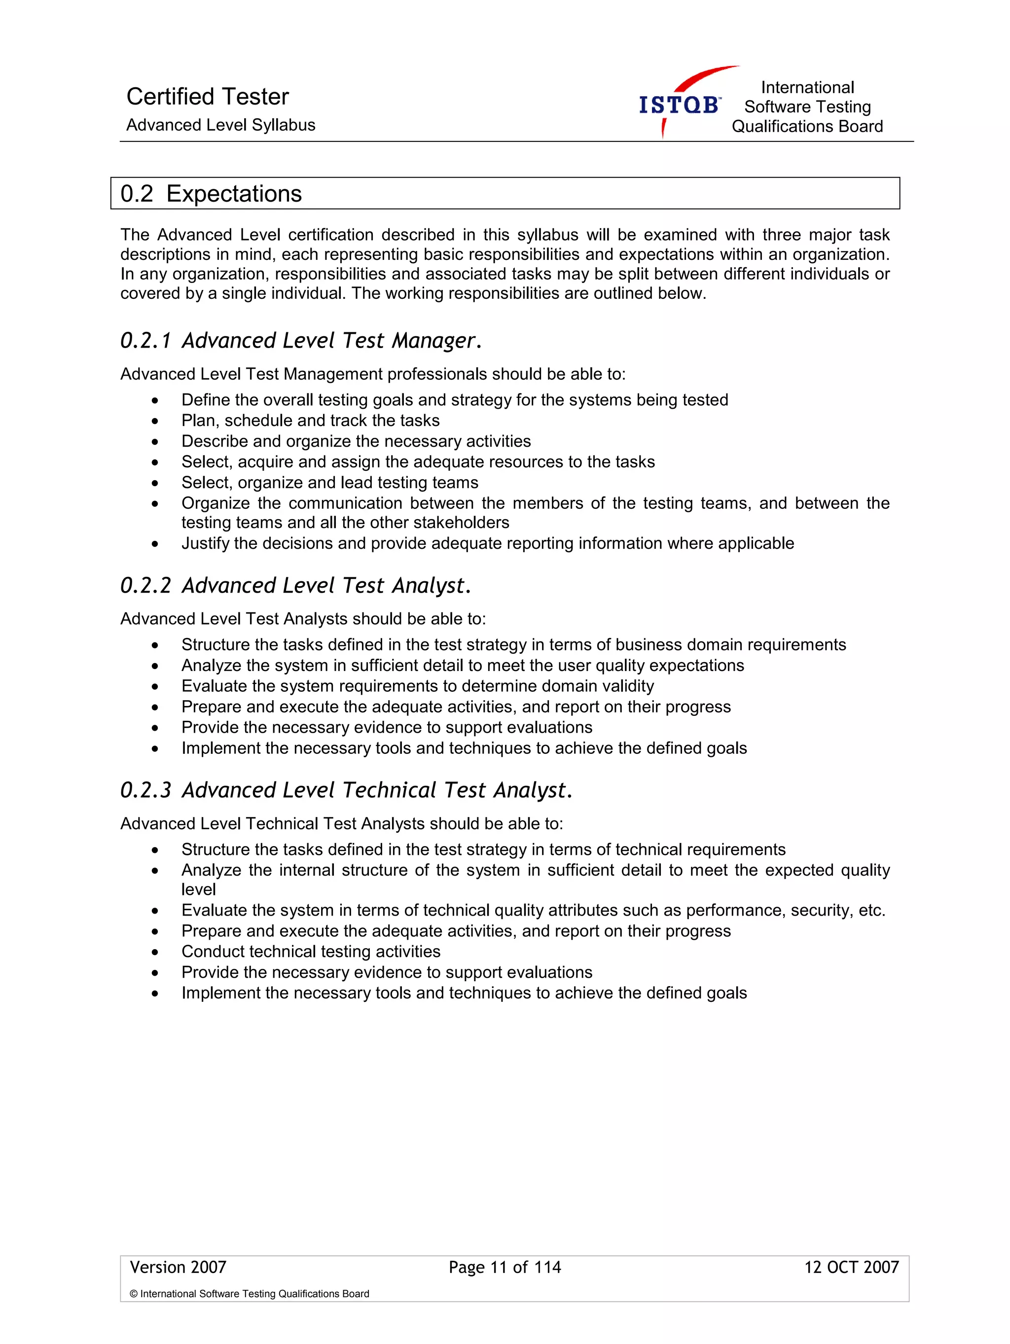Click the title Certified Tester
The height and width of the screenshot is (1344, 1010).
tap(207, 97)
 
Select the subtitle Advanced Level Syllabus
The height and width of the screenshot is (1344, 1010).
tap(220, 125)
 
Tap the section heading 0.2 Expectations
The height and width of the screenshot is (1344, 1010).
tap(211, 194)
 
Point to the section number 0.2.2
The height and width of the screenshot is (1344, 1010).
tap(146, 586)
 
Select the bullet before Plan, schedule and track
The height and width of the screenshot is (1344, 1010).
tap(155, 421)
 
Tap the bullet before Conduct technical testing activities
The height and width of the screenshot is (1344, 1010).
tap(155, 952)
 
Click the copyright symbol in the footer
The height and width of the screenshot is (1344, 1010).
tap(134, 1294)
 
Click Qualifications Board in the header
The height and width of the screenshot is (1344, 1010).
tap(807, 126)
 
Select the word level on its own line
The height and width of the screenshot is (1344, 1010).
tap(198, 889)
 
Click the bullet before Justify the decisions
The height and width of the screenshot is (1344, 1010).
tap(155, 544)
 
